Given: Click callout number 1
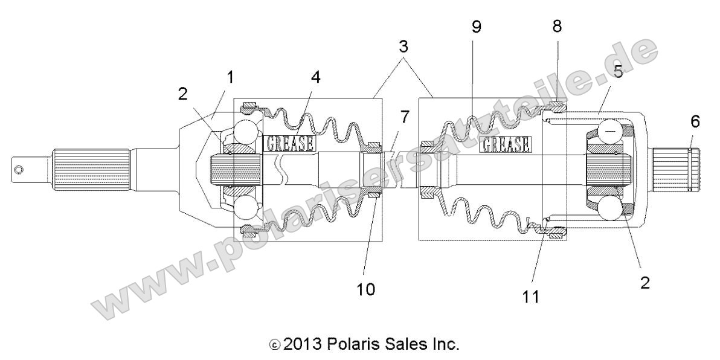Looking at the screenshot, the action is (231, 77).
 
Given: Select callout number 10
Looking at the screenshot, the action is (366, 289).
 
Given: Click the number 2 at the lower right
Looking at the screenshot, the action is (645, 283).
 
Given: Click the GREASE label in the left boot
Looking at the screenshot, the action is (291, 143).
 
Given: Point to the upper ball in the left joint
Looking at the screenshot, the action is (248, 132).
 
